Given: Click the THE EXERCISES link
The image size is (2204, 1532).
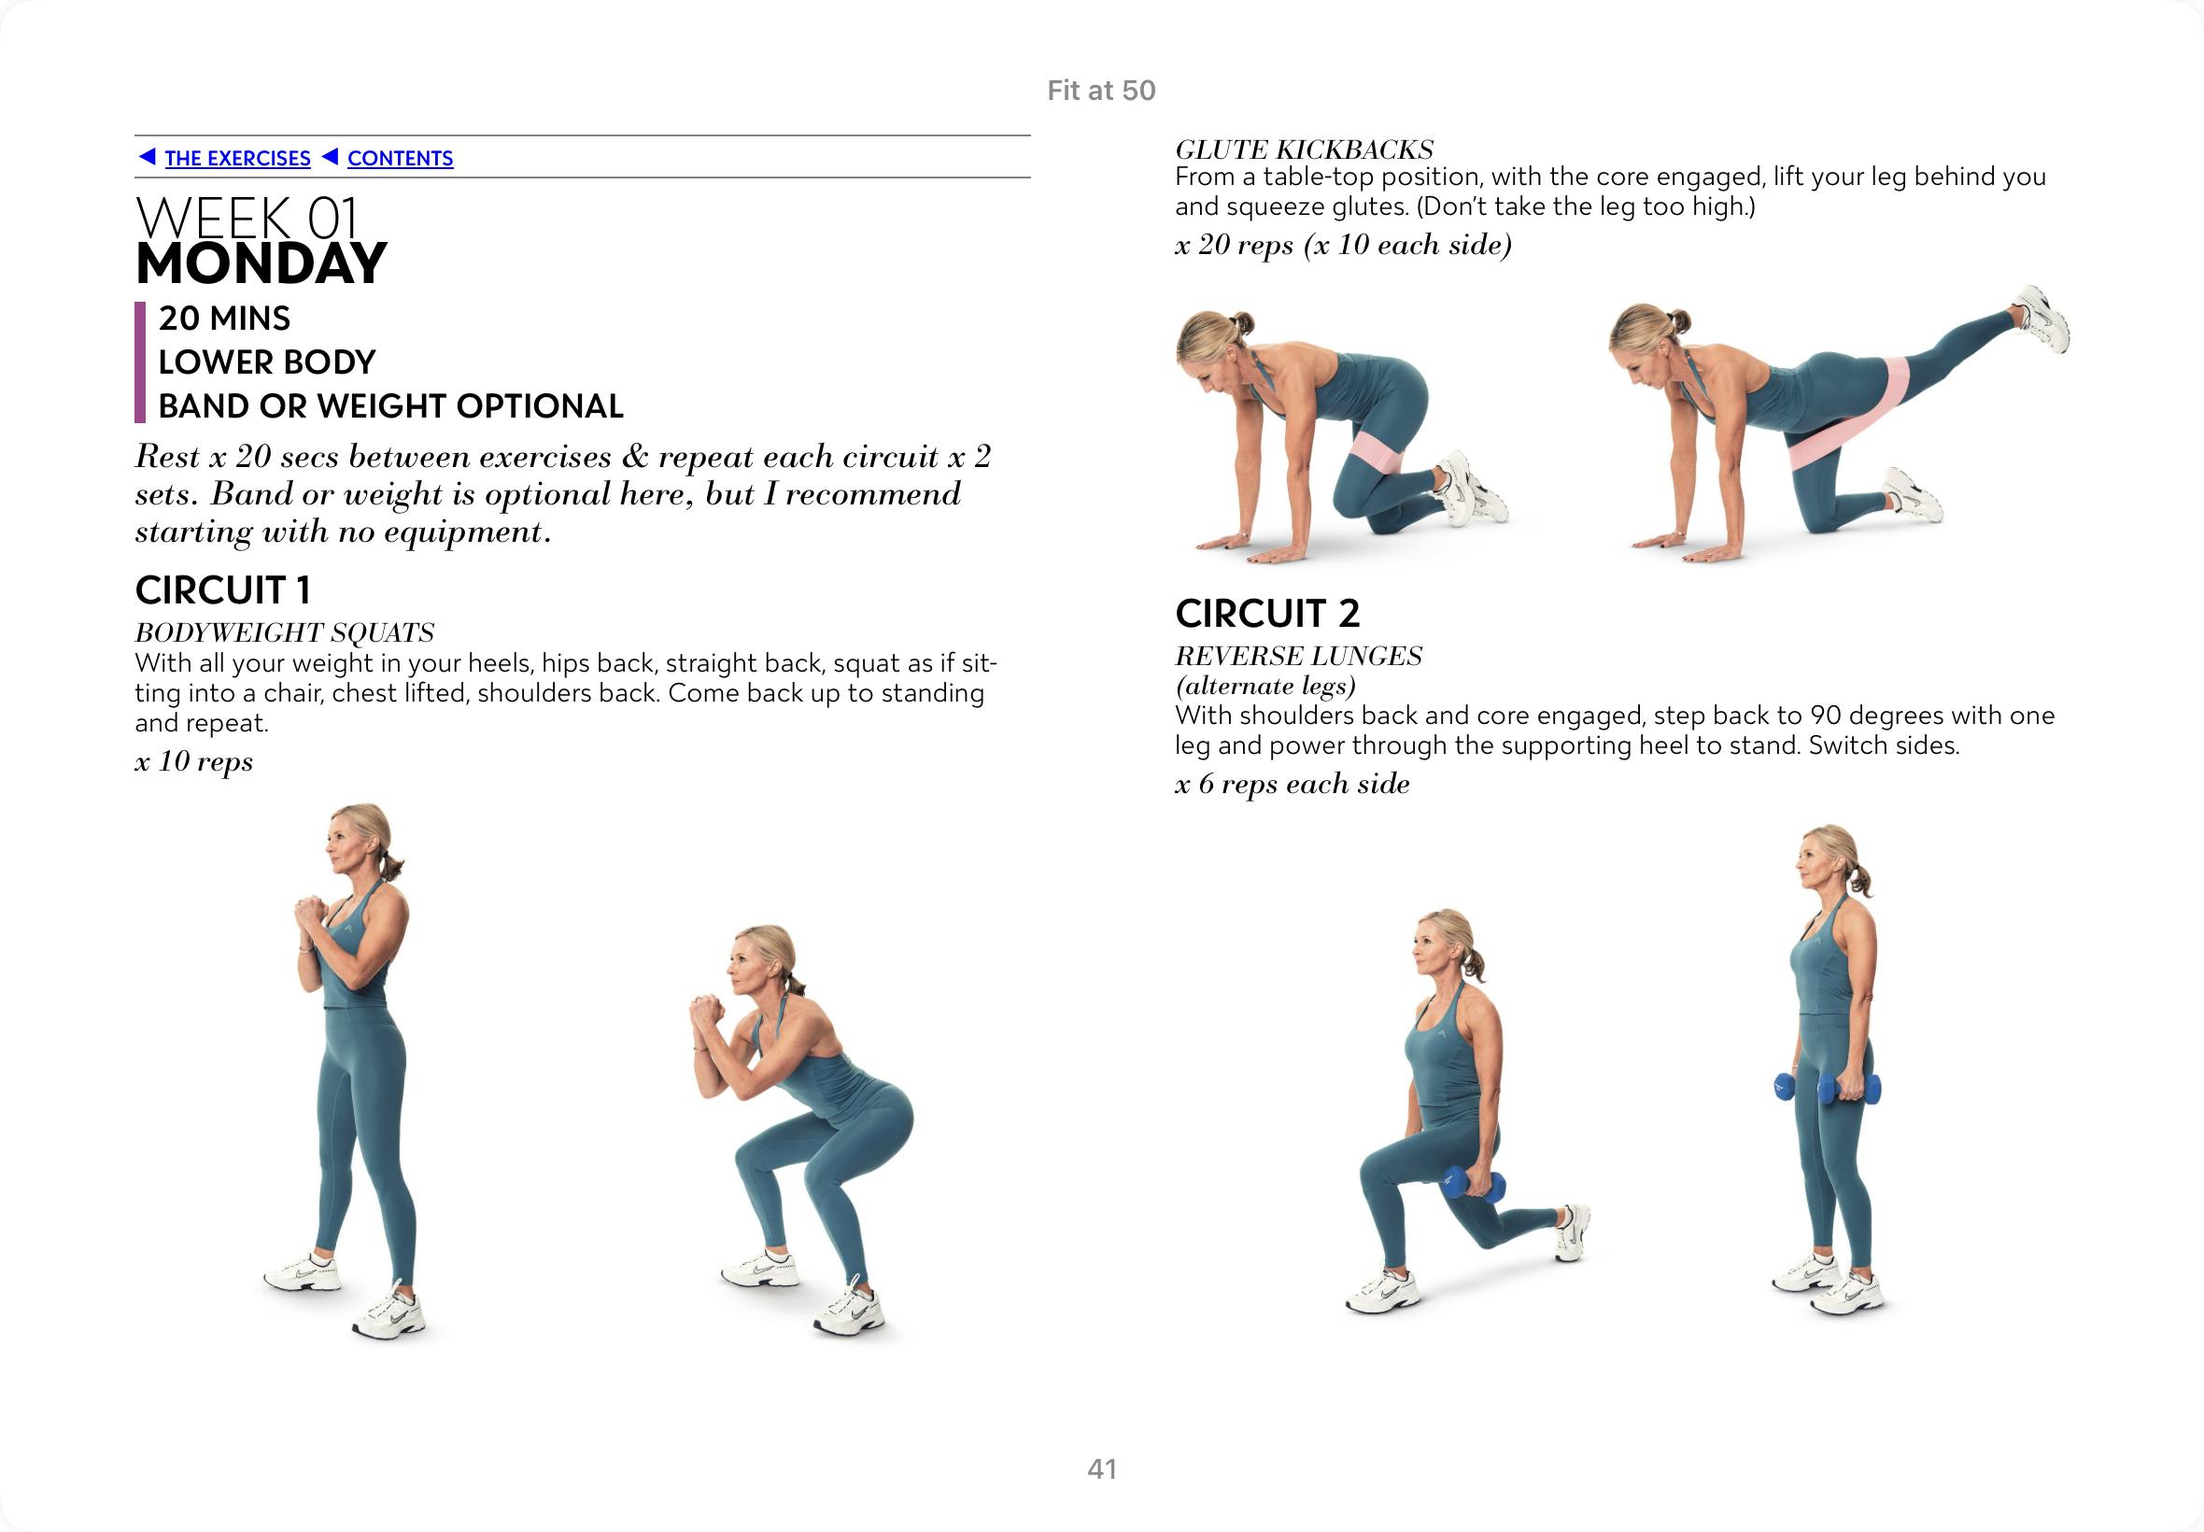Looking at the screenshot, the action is click(x=237, y=159).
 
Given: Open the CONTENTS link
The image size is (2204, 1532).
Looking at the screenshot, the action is click(x=399, y=159).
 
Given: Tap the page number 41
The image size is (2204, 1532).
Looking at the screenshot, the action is click(x=1101, y=1468).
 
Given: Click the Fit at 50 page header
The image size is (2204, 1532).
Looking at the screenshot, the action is click(x=1101, y=91).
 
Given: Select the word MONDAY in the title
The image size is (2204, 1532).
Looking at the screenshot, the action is click(x=261, y=264).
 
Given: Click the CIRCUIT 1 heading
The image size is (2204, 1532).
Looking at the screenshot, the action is click(x=222, y=590).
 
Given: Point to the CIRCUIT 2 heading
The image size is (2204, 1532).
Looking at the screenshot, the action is click(x=1267, y=614).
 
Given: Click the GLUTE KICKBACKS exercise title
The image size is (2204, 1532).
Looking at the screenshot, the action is click(x=1304, y=149).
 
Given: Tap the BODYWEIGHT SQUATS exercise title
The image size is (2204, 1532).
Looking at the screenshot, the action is click(x=284, y=632).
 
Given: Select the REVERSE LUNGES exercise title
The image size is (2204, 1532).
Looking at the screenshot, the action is click(x=1298, y=657).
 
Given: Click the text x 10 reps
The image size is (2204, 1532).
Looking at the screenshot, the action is click(x=194, y=761).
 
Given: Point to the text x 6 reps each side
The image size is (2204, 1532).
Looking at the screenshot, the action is click(x=1293, y=785).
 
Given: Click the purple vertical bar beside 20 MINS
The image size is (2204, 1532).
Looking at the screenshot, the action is click(x=140, y=362).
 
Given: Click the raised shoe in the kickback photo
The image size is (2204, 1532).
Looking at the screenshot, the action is click(x=2041, y=319).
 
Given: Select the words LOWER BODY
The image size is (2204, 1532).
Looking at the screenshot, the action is click(x=267, y=362).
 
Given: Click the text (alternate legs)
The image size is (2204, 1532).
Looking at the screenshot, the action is click(x=1265, y=687).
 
